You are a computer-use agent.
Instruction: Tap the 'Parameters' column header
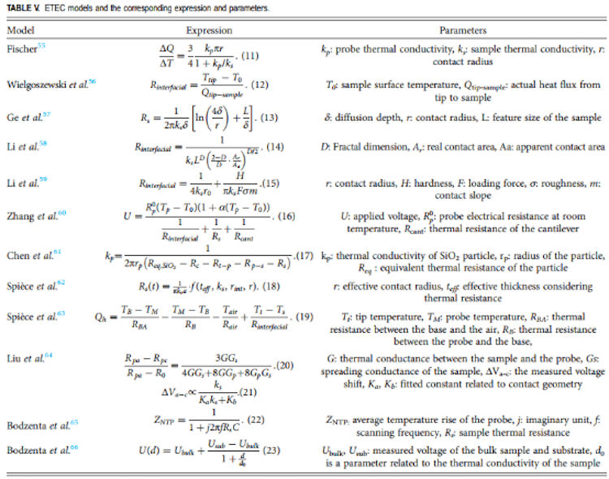click(463, 30)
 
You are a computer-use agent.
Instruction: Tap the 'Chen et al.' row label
click(26, 257)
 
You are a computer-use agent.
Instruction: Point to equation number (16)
click(283, 218)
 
